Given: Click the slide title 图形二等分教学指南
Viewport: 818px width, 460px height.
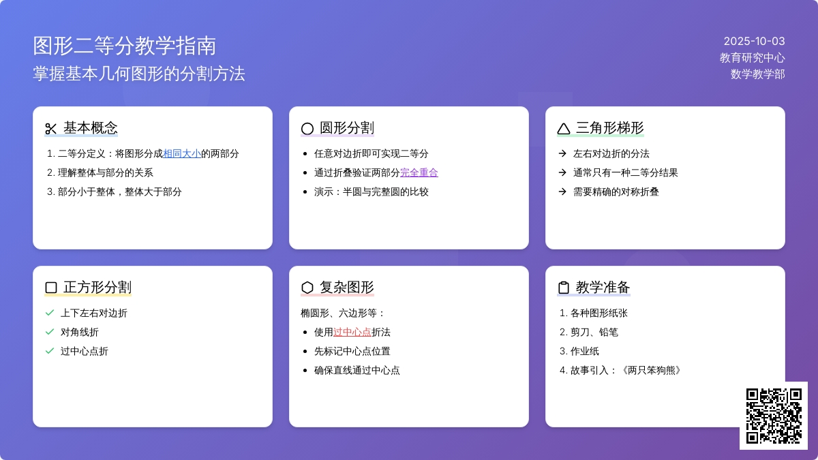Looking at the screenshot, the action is point(125,46).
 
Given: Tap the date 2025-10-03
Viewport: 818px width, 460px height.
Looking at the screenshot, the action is point(754,42).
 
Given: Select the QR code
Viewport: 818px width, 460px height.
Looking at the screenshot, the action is point(774,416).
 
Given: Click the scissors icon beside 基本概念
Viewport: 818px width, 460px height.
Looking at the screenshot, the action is point(50,129).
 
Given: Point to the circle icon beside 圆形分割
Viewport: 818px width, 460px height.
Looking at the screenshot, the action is point(307,129).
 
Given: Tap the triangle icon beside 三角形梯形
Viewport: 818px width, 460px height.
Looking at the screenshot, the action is point(564,129).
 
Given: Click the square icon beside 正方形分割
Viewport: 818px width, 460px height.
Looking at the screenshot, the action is point(51,288).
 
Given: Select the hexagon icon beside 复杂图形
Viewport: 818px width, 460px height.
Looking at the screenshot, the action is point(307,288).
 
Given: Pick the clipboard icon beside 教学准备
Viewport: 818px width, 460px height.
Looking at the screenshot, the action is point(564,288).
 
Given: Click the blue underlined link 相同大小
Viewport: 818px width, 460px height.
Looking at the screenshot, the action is point(182,154).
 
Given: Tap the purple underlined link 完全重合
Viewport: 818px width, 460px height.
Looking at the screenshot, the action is point(419,172).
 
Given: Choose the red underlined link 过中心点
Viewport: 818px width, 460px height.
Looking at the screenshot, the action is point(352,333).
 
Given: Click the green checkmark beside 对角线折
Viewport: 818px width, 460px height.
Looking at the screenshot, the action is point(50,332).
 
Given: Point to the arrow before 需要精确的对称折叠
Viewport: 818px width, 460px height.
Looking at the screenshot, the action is point(562,191).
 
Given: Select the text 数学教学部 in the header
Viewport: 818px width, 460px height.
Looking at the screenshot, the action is point(758,74).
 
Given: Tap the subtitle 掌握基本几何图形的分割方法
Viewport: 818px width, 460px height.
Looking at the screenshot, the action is point(139,74).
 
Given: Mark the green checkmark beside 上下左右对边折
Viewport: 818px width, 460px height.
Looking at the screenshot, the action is point(50,313).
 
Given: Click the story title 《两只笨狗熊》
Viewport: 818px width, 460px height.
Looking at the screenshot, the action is point(651,370).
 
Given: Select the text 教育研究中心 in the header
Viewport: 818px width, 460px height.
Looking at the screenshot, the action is point(753,58).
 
